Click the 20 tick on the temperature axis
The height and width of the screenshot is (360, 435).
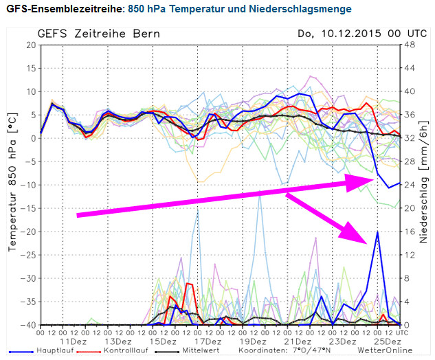31,45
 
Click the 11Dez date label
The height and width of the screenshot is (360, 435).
74,341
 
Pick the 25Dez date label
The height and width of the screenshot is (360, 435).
388,341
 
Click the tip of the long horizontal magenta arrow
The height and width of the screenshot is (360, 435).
375,180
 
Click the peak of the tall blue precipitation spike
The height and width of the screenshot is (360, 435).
377,232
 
